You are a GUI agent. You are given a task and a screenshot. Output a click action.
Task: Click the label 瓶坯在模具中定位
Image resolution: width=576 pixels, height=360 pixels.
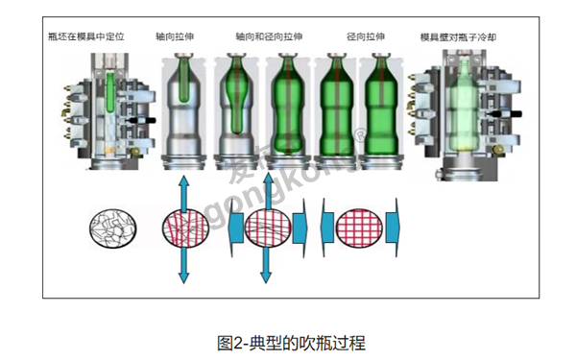click(86, 36)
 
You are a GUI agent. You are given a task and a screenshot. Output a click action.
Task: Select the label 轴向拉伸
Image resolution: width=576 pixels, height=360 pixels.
click(175, 36)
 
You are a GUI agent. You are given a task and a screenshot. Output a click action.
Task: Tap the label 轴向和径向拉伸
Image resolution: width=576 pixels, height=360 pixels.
click(269, 36)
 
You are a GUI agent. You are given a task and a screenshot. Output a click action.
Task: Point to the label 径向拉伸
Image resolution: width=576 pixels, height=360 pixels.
click(366, 36)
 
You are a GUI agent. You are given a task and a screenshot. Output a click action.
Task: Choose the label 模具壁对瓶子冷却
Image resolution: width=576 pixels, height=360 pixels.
click(458, 37)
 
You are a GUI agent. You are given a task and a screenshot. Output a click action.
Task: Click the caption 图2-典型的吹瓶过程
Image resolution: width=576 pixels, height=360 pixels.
click(291, 343)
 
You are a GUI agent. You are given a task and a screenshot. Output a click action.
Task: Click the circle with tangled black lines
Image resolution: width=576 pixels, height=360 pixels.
click(112, 228)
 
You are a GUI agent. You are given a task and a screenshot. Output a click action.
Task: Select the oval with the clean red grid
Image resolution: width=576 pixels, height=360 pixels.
click(359, 228)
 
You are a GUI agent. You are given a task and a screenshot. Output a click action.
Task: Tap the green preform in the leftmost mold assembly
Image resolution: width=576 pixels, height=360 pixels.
click(109, 92)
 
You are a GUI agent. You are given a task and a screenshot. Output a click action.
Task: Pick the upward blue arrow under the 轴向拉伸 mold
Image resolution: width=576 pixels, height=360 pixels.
click(184, 193)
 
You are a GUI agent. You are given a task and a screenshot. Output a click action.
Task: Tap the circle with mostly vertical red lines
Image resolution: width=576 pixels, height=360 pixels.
click(185, 228)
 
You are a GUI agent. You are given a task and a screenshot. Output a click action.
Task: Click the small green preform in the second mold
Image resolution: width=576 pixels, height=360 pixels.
click(183, 79)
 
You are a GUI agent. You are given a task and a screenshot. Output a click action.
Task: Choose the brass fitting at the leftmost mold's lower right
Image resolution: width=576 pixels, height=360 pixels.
click(135, 152)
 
